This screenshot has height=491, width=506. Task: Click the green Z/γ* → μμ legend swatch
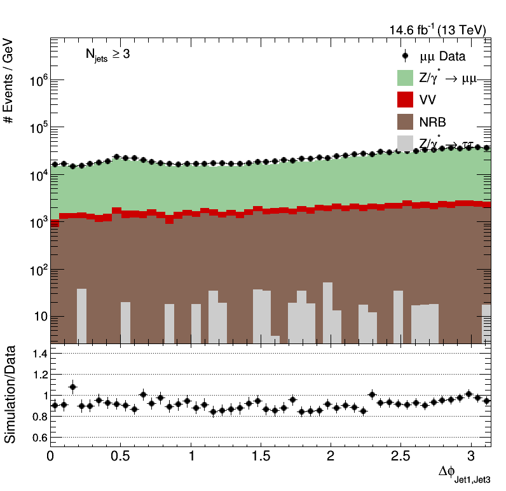[x=406, y=78]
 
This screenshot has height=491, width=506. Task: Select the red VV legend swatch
[x=406, y=100]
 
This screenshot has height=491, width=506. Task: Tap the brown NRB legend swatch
[x=406, y=121]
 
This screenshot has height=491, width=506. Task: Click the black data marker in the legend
[x=406, y=56]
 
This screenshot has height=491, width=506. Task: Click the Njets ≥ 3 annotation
[x=108, y=55]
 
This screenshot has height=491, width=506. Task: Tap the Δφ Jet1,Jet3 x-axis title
[x=464, y=474]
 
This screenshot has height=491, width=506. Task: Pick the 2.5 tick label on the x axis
[x=400, y=457]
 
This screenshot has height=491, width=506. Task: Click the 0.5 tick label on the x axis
[x=121, y=457]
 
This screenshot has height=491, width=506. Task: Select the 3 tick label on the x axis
[x=471, y=457]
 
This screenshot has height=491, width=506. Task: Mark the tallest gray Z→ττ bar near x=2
[x=327, y=312]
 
